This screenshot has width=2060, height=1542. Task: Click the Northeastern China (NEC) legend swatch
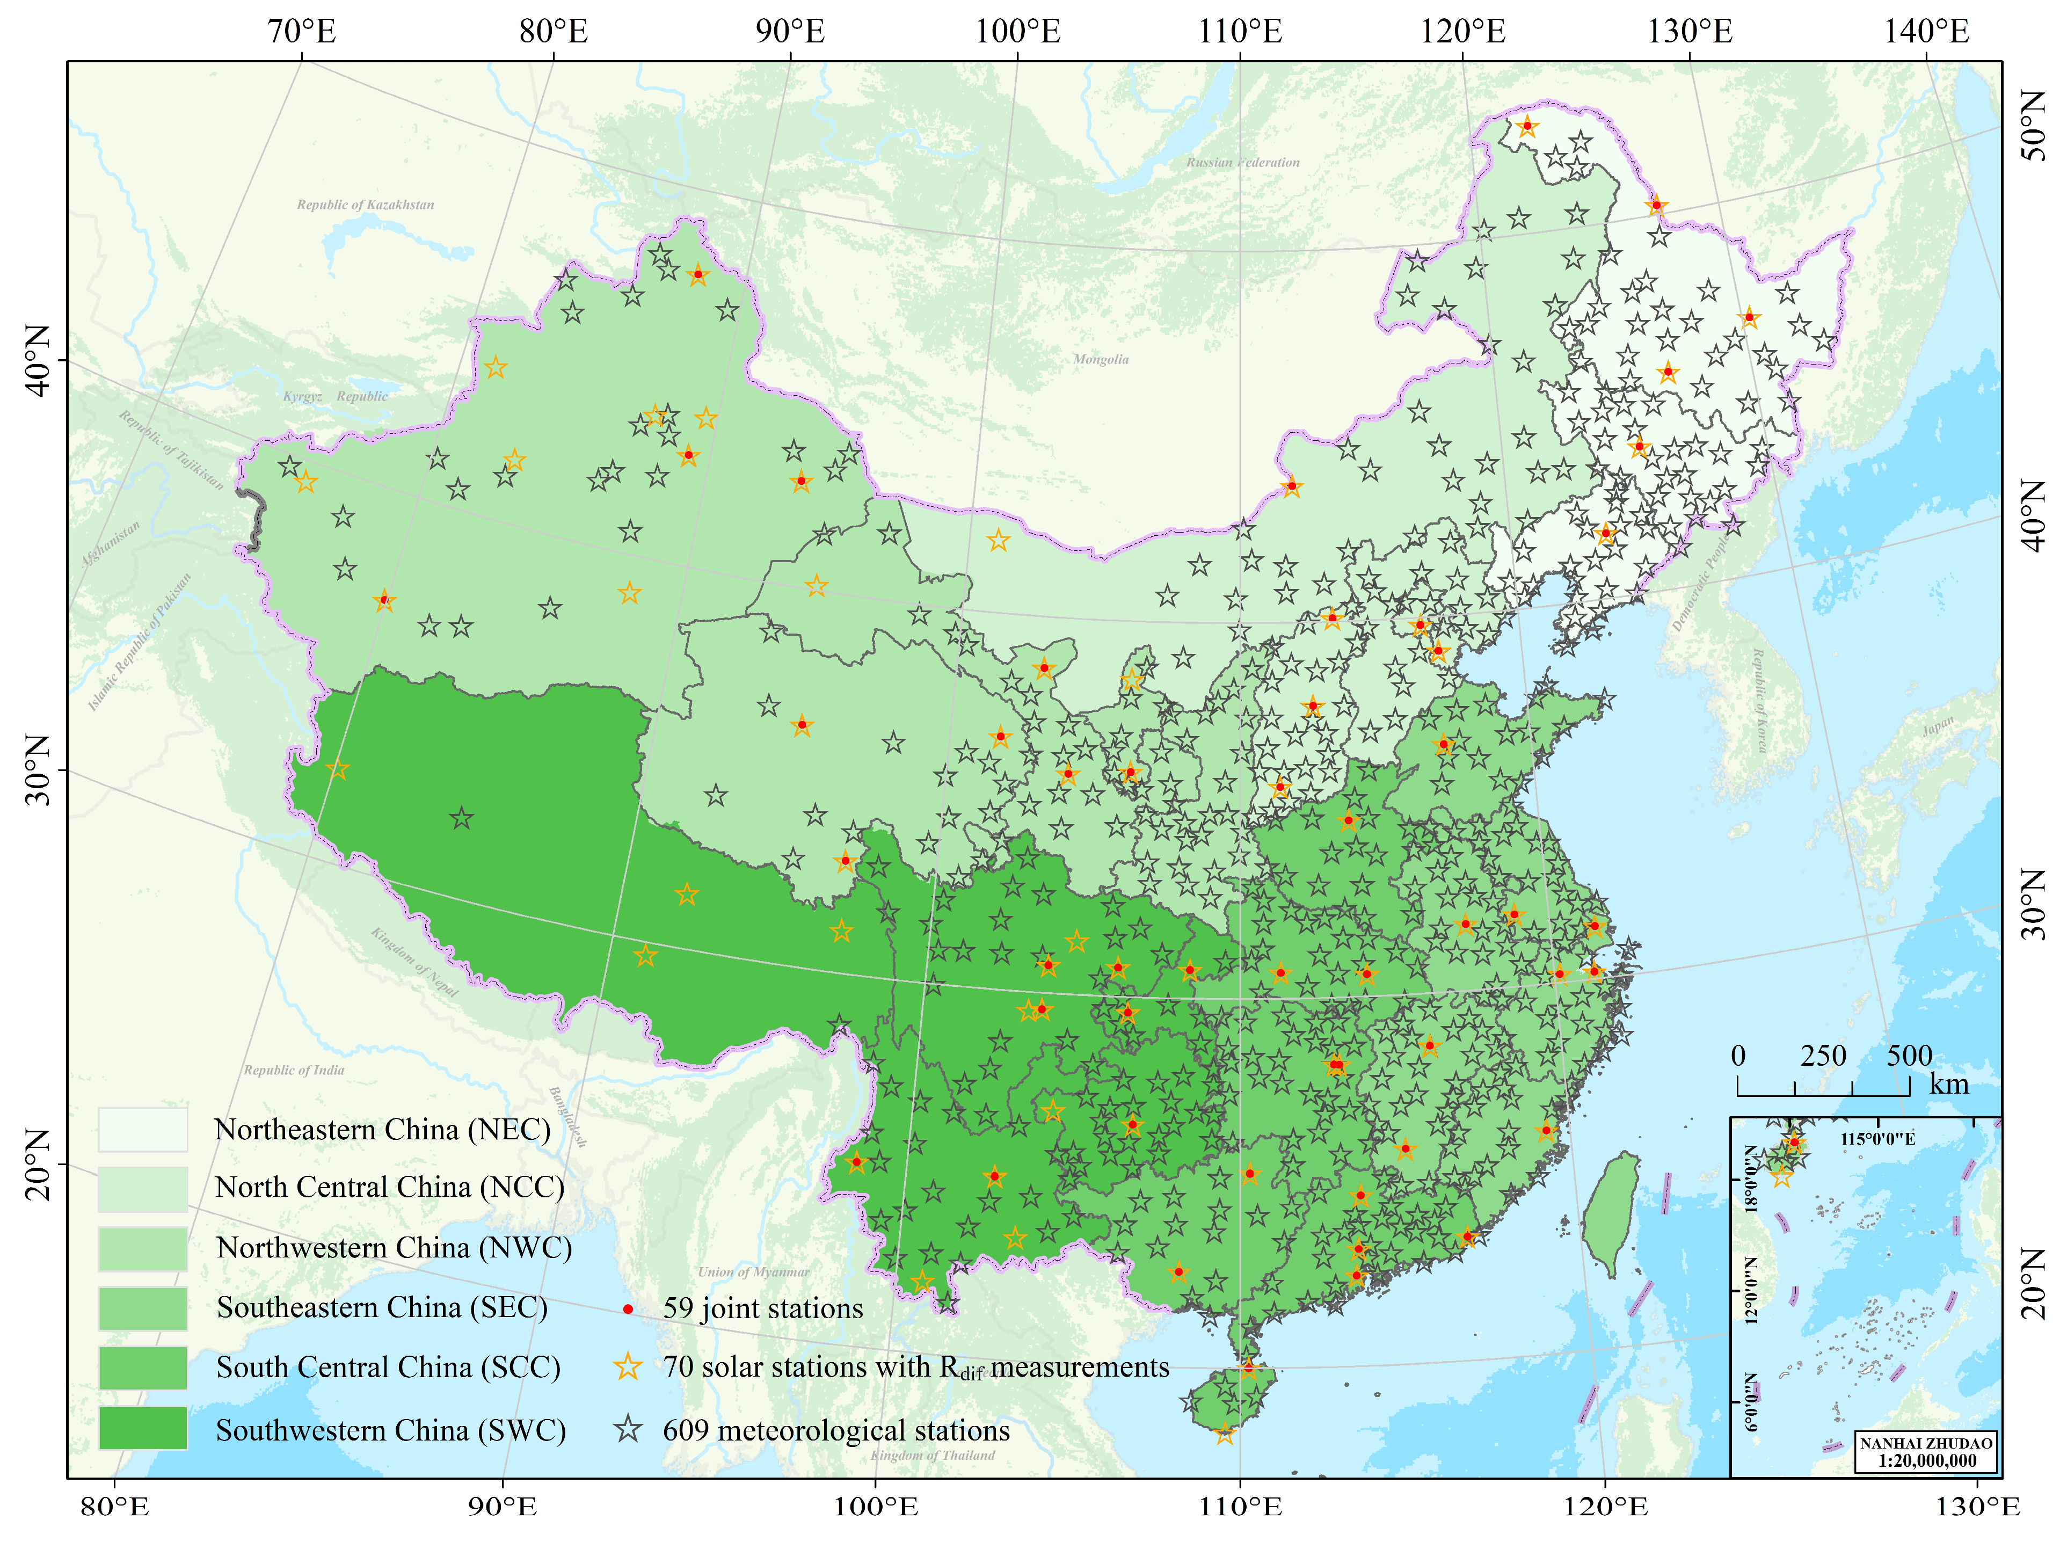pyautogui.click(x=142, y=1129)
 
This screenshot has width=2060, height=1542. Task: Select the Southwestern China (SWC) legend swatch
pyautogui.click(x=142, y=1428)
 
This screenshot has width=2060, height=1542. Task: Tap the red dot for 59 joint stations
pyautogui.click(x=629, y=1308)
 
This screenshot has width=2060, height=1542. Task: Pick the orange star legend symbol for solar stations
pyautogui.click(x=629, y=1367)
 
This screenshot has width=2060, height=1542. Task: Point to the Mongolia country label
pyautogui.click(x=1100, y=359)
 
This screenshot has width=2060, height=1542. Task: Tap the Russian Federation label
pyautogui.click(x=1242, y=162)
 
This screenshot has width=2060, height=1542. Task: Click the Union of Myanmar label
pyautogui.click(x=753, y=1271)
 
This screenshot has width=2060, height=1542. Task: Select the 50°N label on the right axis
pyautogui.click(x=2034, y=126)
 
